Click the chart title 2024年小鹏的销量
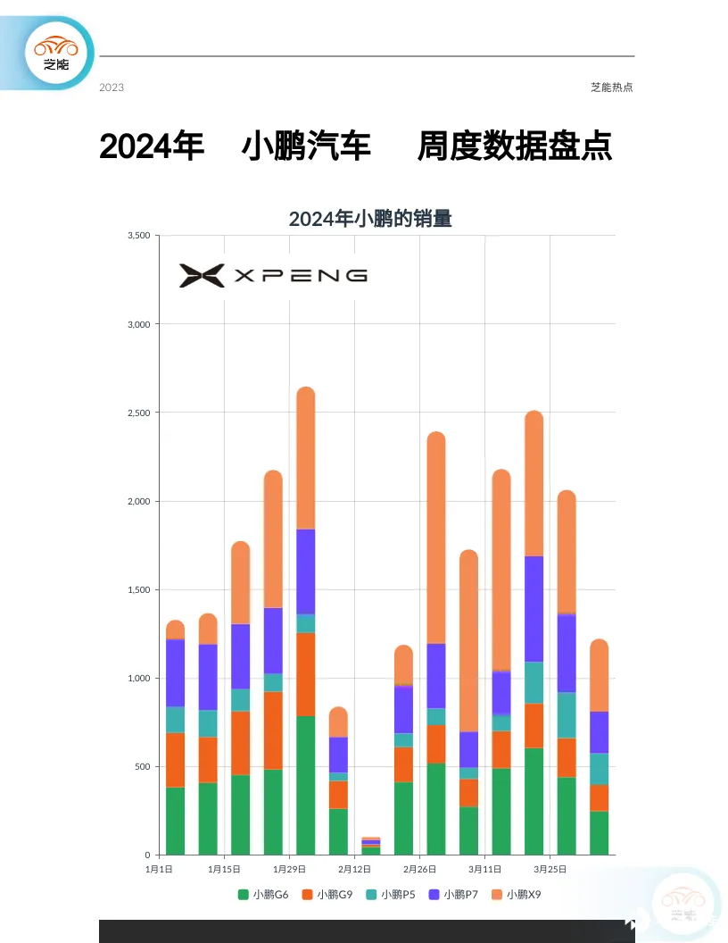[x=370, y=219]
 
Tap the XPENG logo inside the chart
[x=273, y=275]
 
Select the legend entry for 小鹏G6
[x=263, y=894]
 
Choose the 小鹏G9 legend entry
[x=327, y=894]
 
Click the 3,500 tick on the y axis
[x=139, y=236]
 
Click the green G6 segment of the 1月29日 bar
[x=306, y=786]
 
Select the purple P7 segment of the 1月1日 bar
[x=175, y=672]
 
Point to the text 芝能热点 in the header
[x=612, y=88]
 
